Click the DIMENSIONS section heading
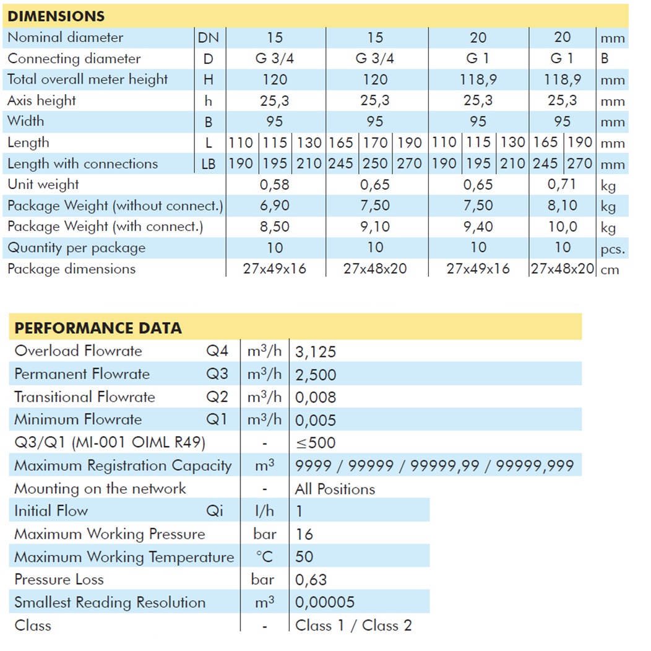click(56, 16)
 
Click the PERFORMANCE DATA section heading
click(98, 328)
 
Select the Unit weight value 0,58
click(275, 185)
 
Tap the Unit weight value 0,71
click(562, 184)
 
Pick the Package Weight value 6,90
click(275, 206)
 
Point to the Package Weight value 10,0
click(562, 227)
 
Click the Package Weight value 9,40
click(478, 227)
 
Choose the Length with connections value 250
click(375, 164)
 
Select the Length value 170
click(375, 142)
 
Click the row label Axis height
click(41, 100)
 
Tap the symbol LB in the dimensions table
click(209, 164)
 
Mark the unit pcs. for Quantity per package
click(613, 249)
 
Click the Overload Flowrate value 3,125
click(316, 352)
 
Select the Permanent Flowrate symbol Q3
click(217, 374)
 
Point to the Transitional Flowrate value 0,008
click(316, 397)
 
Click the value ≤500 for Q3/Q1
click(316, 443)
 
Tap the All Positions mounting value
click(335, 489)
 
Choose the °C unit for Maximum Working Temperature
click(264, 557)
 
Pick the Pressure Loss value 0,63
click(311, 580)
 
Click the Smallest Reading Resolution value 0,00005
click(325, 603)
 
